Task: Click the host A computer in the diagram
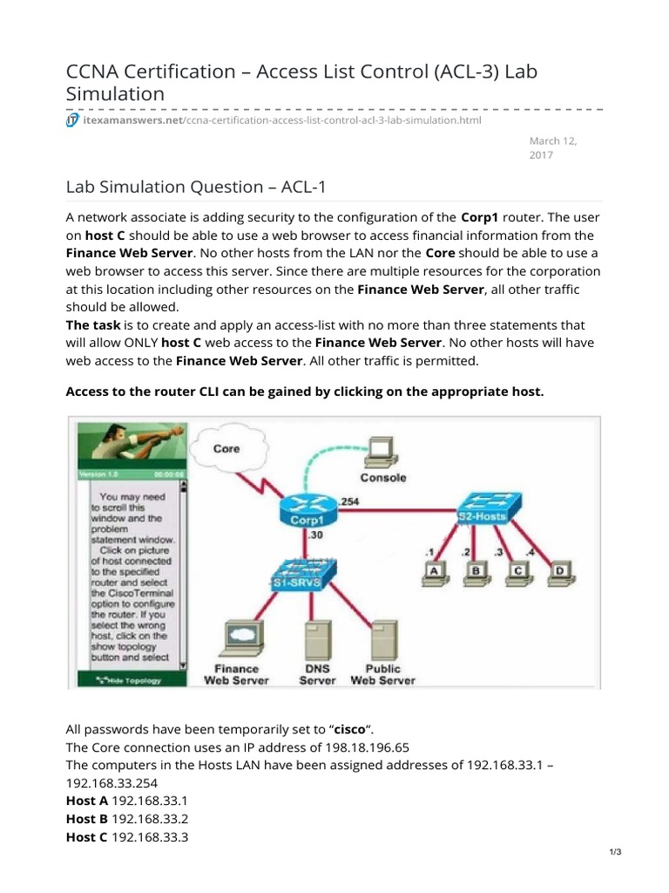[432, 571]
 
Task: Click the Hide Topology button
[132, 679]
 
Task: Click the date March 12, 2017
[553, 147]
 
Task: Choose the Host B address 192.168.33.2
[150, 818]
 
